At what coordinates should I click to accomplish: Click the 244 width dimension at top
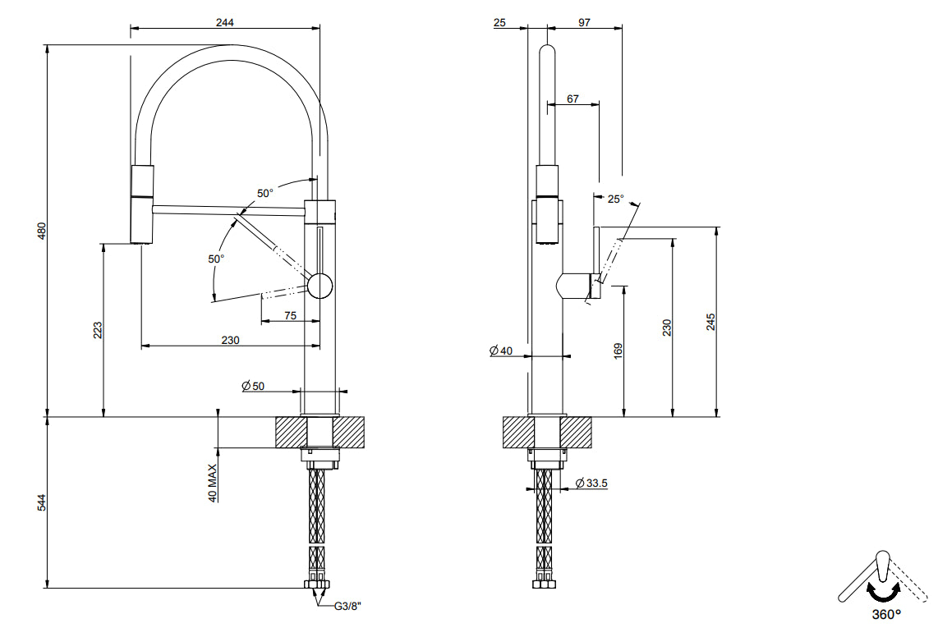(x=225, y=23)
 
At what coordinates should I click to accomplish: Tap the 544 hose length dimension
(x=42, y=502)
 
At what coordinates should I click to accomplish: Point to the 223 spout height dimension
(x=98, y=330)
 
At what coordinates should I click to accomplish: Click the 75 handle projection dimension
(x=290, y=315)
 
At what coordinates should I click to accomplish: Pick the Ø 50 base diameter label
(x=253, y=386)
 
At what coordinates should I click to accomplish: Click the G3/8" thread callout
(x=347, y=607)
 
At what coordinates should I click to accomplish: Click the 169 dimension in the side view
(x=618, y=351)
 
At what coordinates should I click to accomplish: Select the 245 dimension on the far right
(x=711, y=321)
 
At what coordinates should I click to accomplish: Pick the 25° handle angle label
(x=615, y=199)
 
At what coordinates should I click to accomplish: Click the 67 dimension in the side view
(x=572, y=99)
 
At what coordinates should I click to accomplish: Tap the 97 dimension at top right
(x=584, y=23)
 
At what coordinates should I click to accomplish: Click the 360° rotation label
(x=886, y=613)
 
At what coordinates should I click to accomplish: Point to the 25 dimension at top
(x=500, y=23)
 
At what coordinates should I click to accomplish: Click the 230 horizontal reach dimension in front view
(x=230, y=340)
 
